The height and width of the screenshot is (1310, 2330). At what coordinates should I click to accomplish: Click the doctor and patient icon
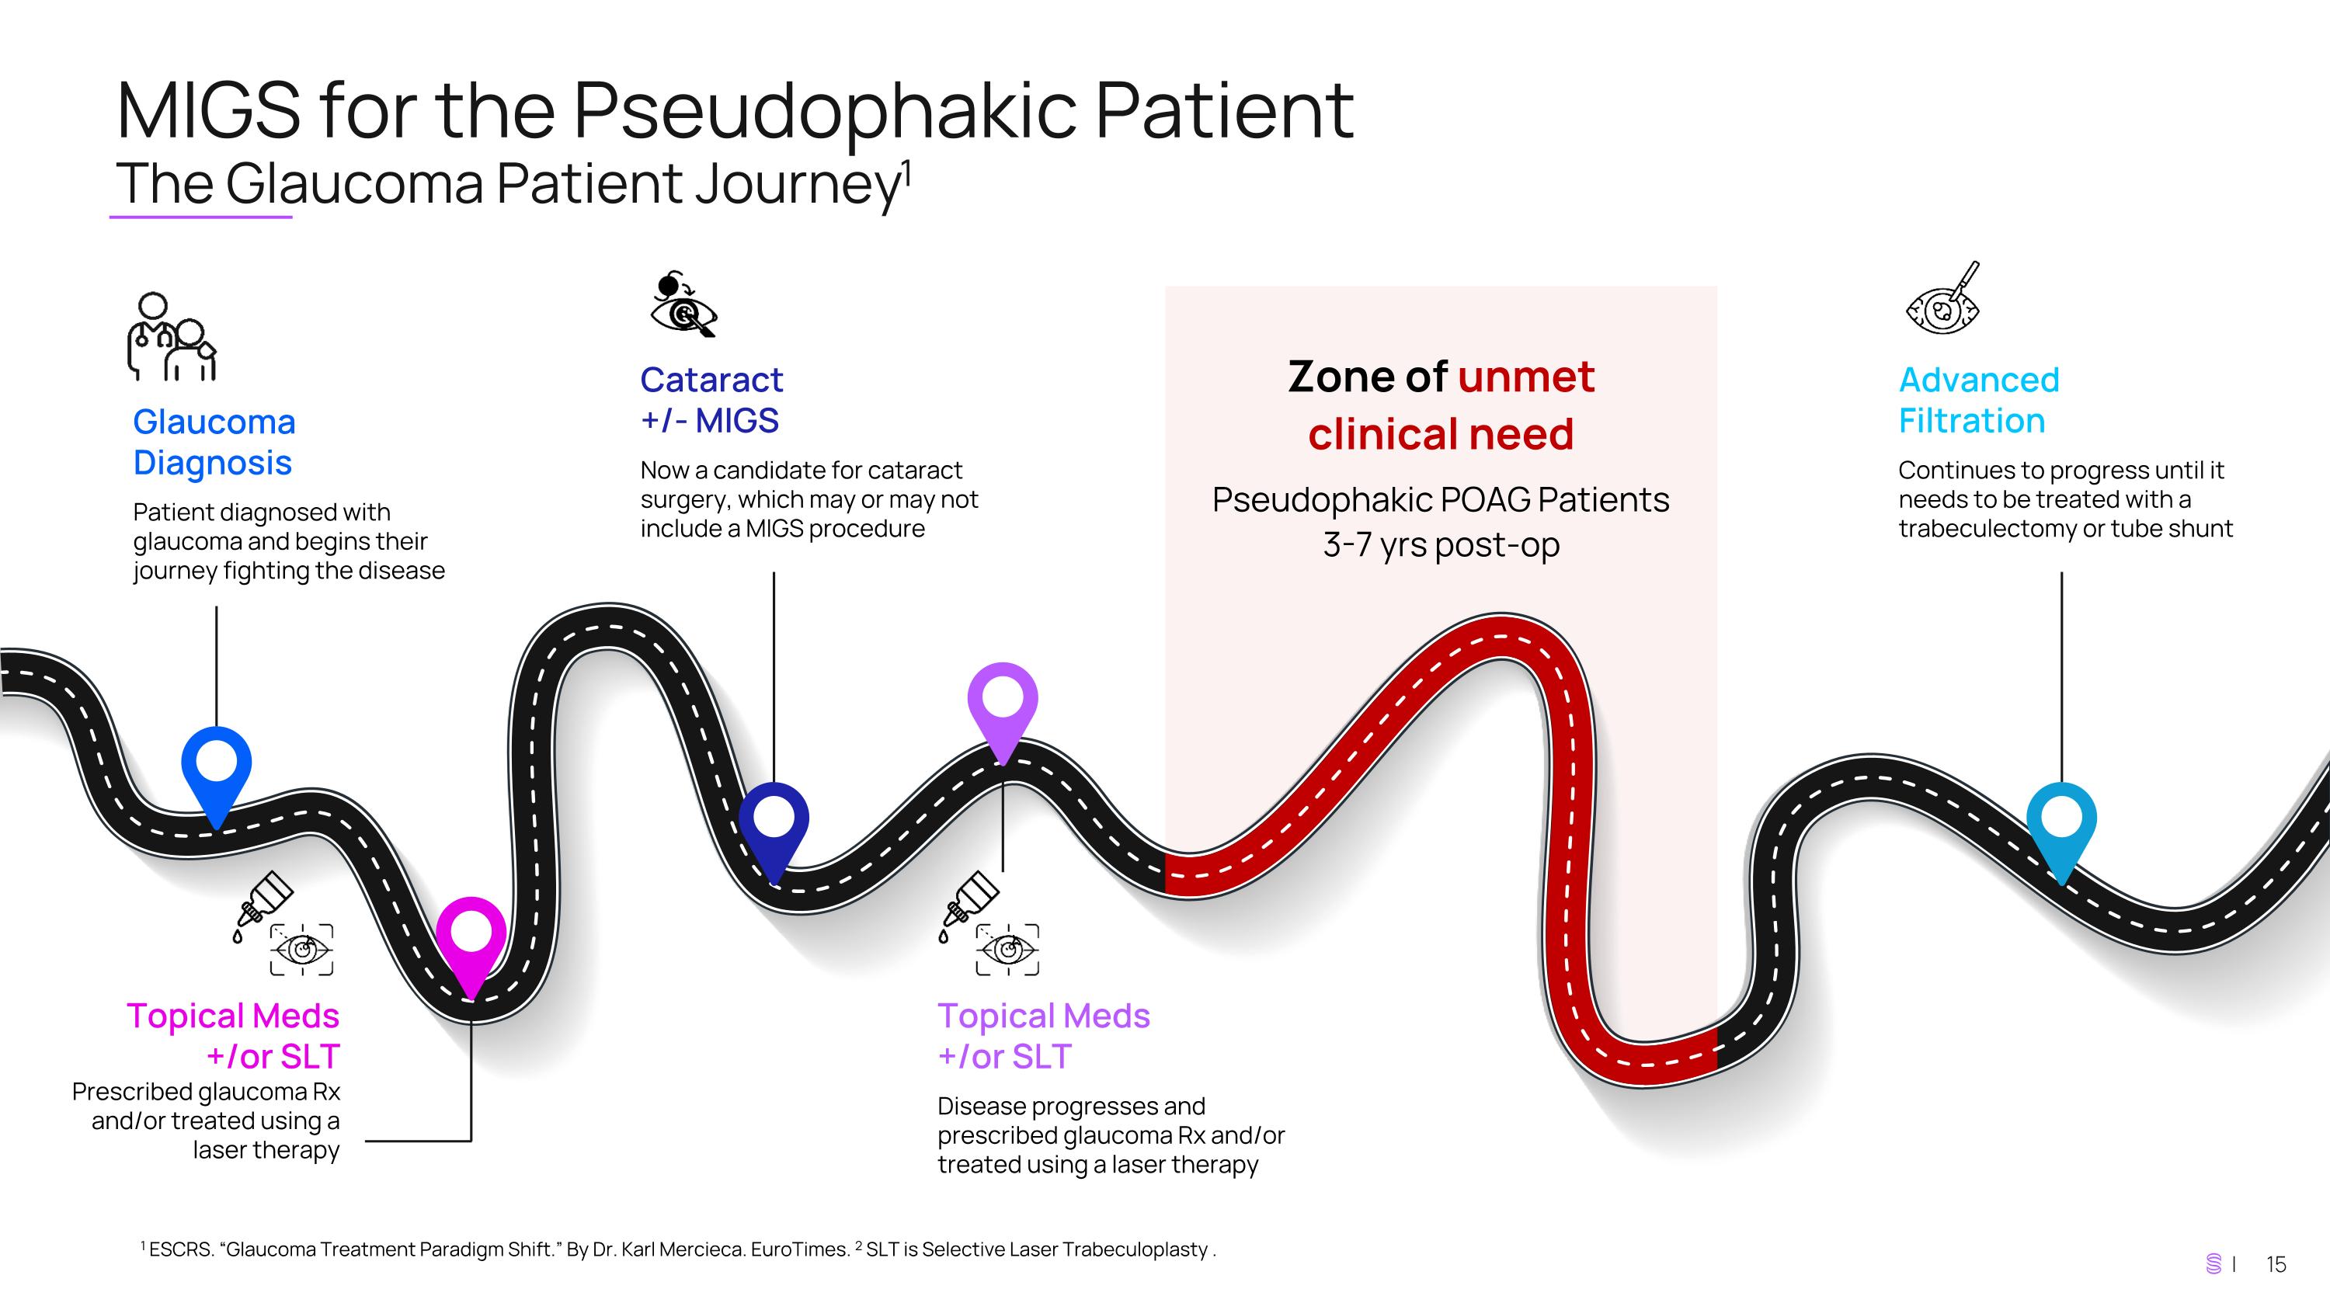(172, 336)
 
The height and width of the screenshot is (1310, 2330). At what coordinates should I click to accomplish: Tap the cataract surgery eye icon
(683, 304)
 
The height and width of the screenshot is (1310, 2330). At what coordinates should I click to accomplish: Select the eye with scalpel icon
(1943, 298)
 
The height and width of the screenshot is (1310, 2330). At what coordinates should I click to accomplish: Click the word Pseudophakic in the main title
(826, 112)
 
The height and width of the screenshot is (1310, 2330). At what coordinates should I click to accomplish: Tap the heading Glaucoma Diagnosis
(214, 442)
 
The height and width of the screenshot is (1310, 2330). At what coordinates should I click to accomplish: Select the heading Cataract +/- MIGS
(711, 400)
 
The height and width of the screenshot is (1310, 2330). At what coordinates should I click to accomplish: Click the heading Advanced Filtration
(1978, 400)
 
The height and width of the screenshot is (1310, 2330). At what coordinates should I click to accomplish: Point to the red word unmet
(1526, 377)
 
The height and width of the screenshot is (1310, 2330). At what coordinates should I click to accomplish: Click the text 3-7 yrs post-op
(1441, 545)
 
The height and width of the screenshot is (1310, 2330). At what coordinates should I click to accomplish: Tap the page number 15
(2276, 1264)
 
